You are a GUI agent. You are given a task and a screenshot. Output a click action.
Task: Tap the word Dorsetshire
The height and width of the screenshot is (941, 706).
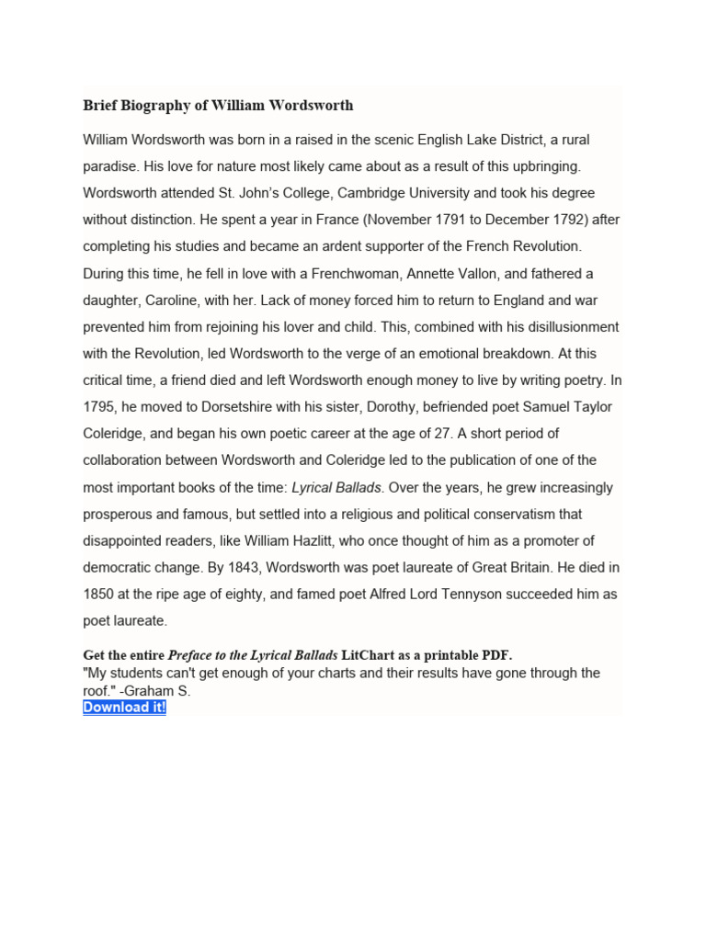pos(232,407)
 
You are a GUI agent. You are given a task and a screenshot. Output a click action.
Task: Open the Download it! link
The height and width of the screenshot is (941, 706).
pos(124,708)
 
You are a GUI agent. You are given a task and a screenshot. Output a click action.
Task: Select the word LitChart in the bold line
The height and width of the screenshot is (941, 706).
pos(370,655)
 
